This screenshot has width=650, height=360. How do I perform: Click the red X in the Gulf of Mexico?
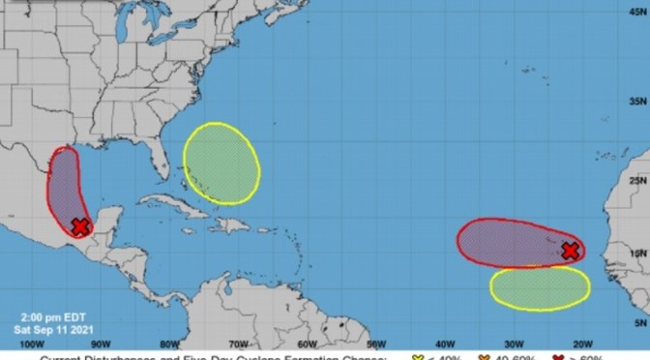80,225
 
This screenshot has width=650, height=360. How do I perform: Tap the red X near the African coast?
571,251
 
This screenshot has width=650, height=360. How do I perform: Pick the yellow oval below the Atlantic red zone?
540,287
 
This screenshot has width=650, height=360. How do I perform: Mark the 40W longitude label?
445,342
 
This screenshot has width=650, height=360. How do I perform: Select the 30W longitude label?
514,342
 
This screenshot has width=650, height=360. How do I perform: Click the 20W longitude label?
582,342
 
